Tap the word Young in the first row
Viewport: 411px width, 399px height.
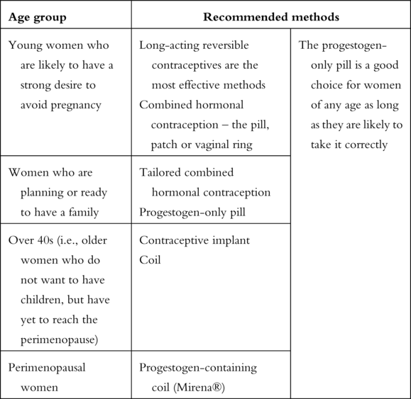(x=26, y=45)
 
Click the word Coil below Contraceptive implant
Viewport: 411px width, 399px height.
(x=150, y=259)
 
